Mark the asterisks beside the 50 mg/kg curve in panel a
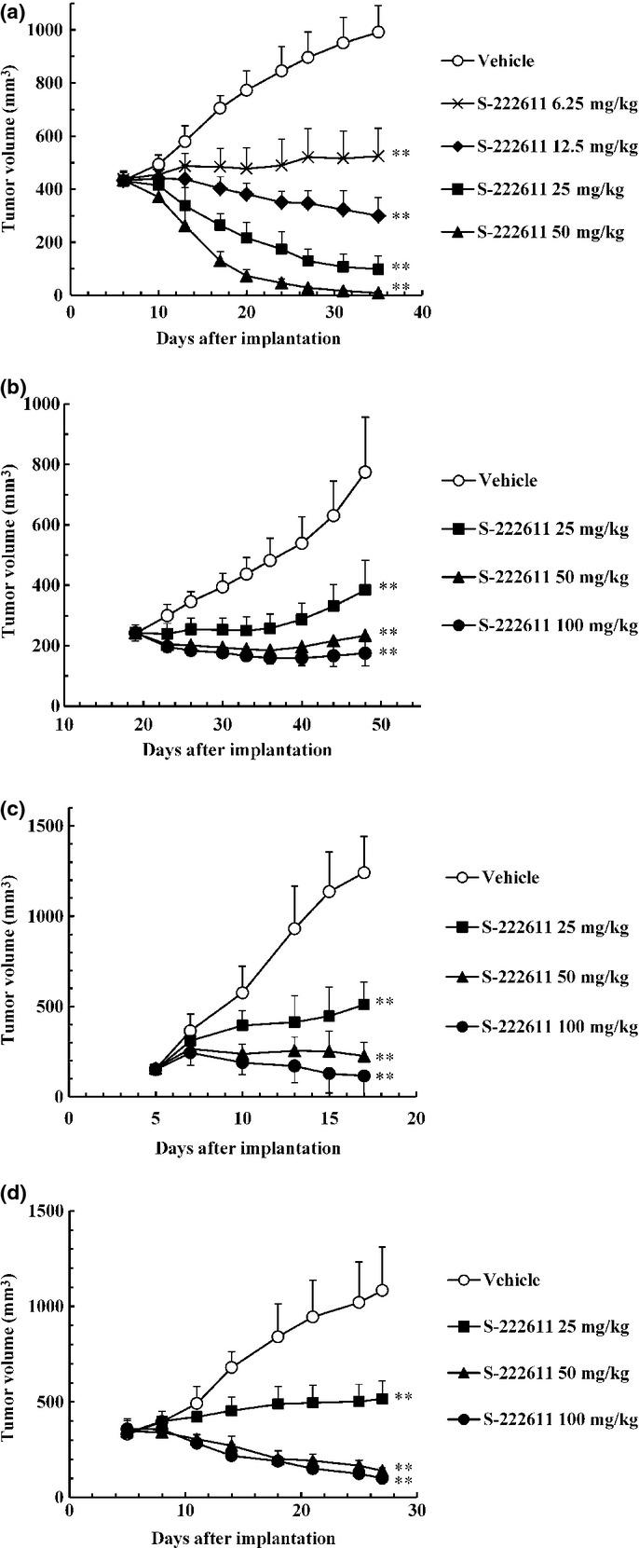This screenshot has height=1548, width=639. click(x=401, y=287)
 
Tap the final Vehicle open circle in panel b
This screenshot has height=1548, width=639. click(x=365, y=473)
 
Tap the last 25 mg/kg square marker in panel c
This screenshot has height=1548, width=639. click(x=364, y=1004)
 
